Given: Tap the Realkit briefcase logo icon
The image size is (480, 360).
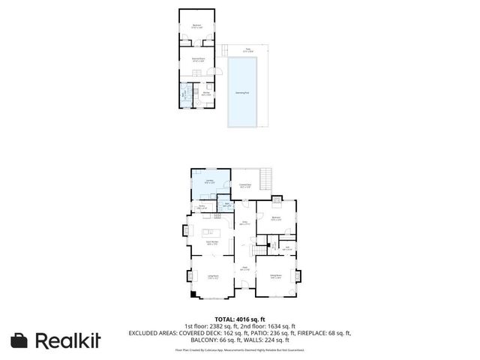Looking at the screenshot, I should [x=19, y=340].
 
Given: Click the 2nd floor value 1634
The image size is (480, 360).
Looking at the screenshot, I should [x=277, y=325].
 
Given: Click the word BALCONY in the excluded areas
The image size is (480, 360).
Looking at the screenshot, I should [x=200, y=339].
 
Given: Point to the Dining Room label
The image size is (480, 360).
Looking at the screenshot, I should [x=276, y=276].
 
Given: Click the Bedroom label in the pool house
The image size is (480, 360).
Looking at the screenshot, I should [x=196, y=25].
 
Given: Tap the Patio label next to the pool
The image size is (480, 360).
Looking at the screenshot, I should [x=247, y=49].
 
